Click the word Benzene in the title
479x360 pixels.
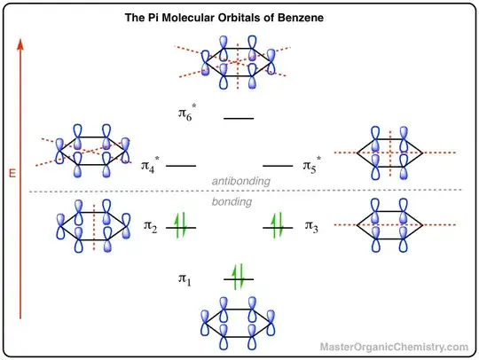301,18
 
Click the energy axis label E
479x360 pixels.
12,174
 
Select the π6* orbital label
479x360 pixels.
187,113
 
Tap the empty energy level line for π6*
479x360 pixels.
239,118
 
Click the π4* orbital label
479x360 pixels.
150,164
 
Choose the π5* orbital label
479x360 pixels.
312,164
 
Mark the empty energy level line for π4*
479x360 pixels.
181,166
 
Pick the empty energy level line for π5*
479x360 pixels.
278,166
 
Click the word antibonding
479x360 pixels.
241,181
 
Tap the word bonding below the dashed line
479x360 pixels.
232,201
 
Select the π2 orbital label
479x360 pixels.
151,227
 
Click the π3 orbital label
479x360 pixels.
311,226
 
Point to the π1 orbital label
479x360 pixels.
185,279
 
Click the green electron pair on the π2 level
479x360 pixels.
180,225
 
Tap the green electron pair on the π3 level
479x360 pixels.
278,225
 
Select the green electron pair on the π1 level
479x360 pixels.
238,277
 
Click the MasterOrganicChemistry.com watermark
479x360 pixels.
394,347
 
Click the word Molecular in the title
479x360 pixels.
188,18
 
